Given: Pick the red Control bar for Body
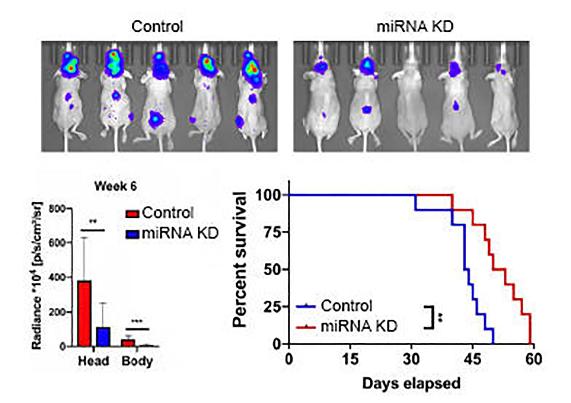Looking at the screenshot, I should click(128, 343).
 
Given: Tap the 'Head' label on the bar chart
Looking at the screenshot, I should click(93, 361).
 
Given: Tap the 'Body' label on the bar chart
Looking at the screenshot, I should click(137, 361).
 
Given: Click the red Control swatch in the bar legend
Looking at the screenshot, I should click(132, 213).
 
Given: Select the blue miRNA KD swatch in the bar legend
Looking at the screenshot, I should click(132, 234).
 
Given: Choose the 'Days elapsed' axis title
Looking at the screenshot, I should click(411, 383).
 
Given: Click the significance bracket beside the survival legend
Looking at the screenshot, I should click(429, 317).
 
